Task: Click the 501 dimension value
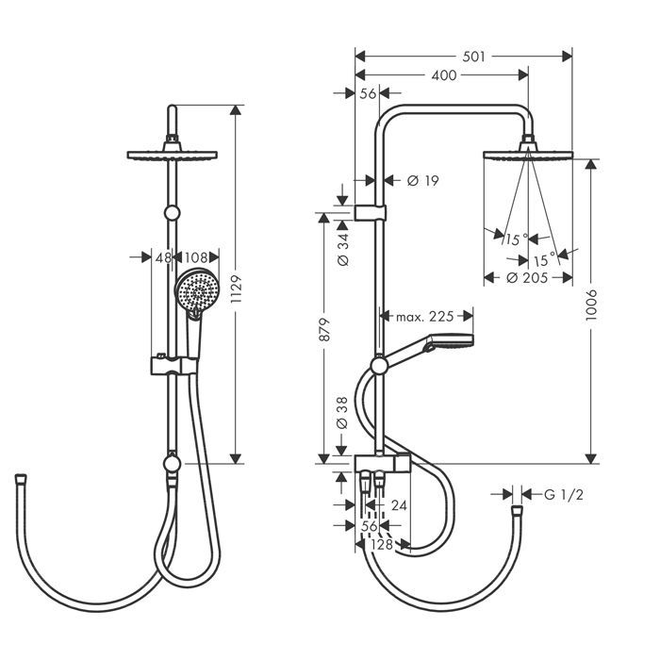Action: point(473,57)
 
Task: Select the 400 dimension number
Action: point(444,75)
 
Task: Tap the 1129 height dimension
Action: point(236,289)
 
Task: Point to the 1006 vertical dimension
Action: point(591,305)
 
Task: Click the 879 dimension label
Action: point(324,330)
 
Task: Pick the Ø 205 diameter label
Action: point(527,278)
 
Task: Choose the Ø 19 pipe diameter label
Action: point(423,181)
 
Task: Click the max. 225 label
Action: point(424,316)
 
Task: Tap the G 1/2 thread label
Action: point(564,495)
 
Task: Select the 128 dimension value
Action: point(382,544)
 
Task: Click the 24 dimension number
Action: point(399,505)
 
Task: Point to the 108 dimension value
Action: point(196,257)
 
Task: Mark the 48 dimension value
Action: point(163,257)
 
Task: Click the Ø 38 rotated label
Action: point(342,413)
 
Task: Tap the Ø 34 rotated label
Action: point(343,249)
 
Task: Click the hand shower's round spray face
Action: point(197,290)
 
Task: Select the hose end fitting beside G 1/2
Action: point(517,511)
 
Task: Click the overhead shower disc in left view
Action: point(173,155)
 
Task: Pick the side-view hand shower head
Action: point(450,341)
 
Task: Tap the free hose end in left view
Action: point(21,479)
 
